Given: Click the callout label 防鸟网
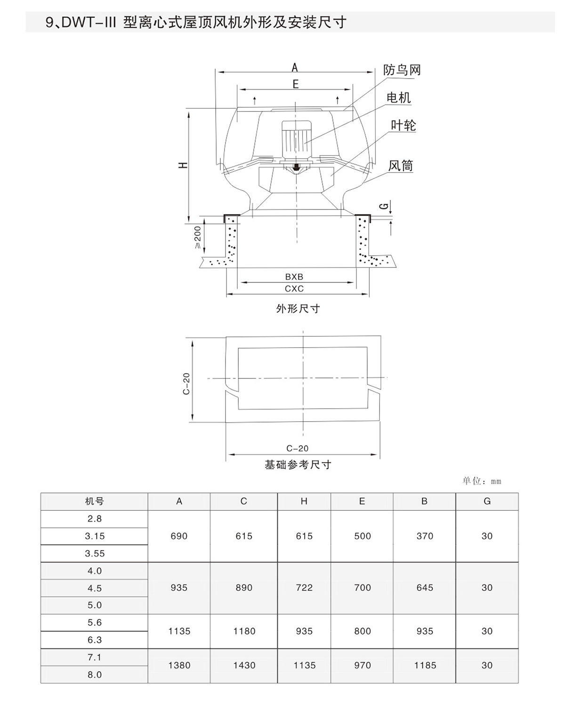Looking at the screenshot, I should pos(402,70).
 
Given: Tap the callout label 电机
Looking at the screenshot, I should pos(398,97).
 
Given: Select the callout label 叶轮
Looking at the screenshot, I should pos(403,125).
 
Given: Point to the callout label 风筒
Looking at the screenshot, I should pos(401,166).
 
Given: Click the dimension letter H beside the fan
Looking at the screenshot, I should pos(184,165).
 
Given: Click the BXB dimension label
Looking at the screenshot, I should pos(294,277).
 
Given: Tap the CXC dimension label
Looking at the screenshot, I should pos(294,289).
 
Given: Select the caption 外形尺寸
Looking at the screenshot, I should pos(298,309).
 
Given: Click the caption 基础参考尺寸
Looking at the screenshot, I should pos(298,465).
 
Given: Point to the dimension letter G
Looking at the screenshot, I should pos(385,206).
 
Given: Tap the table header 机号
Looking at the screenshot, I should pos(94,501).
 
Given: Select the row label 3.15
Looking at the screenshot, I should pos(95,536).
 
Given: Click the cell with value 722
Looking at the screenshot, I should pos(304,587).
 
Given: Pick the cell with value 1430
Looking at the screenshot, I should pos(244,665).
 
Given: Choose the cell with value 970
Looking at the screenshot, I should pos(362,665).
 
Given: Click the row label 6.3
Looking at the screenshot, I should pos(95,640).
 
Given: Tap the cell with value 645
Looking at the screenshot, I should pos(425,587).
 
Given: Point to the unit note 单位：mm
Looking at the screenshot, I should pos(482,481).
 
